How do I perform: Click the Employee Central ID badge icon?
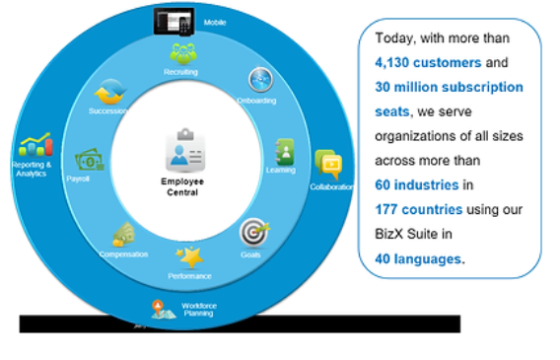[179, 152]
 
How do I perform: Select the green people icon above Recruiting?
[182, 53]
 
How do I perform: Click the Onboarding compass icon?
[259, 79]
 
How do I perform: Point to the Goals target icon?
[251, 234]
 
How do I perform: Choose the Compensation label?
[123, 253]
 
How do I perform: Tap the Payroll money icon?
[90, 160]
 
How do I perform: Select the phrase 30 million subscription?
[449, 87]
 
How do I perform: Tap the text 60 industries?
[416, 184]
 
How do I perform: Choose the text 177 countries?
[418, 209]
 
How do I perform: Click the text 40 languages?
[418, 258]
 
